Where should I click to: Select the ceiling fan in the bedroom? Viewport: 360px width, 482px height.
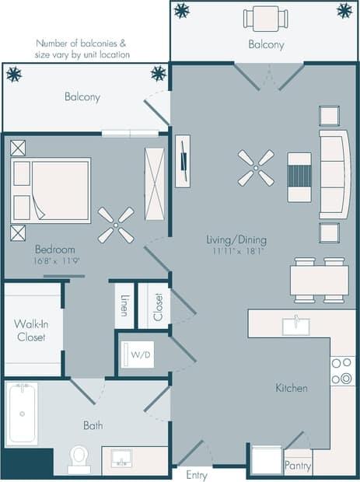115,225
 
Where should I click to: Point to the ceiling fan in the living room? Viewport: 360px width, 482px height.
256,167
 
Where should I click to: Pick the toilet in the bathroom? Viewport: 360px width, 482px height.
79,459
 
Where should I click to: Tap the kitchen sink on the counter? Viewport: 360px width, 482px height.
295,326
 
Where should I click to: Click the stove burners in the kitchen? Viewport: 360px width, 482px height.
341,371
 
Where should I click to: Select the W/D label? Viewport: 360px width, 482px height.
141,355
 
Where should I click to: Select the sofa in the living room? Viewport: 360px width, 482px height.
334,174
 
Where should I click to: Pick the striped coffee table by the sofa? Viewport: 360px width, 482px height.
299,176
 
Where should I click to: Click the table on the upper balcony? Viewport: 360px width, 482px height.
265,17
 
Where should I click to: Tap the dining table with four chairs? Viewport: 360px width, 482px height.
319,280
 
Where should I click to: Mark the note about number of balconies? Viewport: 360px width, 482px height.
82,50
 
